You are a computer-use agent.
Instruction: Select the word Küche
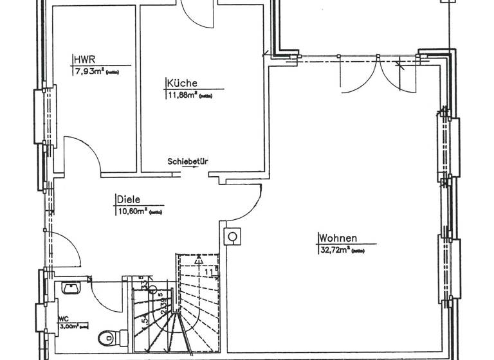[x=181, y=83]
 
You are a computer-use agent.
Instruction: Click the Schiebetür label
[x=187, y=161]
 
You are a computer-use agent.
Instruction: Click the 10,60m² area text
[x=133, y=210]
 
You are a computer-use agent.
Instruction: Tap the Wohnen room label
[x=338, y=237]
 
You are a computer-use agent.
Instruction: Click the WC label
[x=63, y=318]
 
